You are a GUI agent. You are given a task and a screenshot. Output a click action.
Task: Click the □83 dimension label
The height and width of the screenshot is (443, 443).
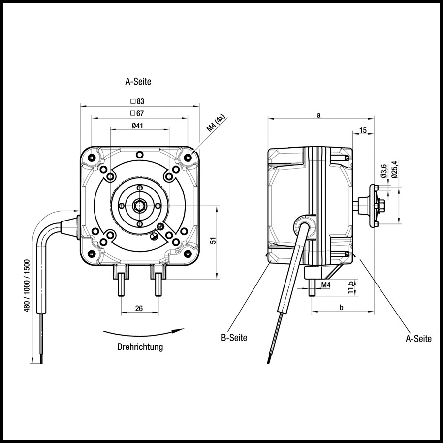[x=137, y=101]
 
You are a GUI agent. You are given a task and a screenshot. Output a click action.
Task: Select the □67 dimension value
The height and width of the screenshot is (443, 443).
[x=137, y=114]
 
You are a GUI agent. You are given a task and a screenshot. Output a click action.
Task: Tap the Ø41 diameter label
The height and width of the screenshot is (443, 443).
[x=138, y=126]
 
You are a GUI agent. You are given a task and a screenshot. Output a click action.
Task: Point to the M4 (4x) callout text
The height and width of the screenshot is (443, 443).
[x=215, y=123]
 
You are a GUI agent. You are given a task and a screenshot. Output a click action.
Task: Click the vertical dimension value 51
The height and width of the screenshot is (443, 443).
[x=213, y=241]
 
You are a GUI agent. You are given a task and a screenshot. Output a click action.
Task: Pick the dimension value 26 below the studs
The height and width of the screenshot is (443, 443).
[x=139, y=308]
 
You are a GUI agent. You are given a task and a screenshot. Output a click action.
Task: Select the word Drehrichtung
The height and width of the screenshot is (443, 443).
[x=140, y=347]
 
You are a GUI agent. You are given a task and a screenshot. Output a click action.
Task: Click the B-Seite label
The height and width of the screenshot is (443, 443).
[x=234, y=338]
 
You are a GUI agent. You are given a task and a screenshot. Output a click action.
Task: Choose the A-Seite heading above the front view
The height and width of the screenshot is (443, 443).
[x=138, y=82]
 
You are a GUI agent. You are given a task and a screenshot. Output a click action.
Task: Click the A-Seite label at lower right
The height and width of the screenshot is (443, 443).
[x=418, y=339]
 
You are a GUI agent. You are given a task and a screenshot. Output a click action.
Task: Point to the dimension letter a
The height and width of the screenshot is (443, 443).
[x=319, y=115]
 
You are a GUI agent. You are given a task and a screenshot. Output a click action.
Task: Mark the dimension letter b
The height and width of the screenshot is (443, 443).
[x=342, y=308]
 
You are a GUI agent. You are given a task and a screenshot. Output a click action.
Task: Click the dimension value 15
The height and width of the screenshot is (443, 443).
[x=363, y=130]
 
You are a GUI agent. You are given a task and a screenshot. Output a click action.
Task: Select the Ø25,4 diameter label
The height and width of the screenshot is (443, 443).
[x=394, y=169]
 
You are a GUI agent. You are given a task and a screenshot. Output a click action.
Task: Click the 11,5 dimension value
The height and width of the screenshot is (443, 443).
[x=350, y=286]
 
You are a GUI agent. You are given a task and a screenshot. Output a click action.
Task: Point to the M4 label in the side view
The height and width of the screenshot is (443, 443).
[x=325, y=285]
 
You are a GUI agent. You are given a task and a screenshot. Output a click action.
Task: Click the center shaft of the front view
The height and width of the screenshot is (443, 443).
[x=139, y=205]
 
